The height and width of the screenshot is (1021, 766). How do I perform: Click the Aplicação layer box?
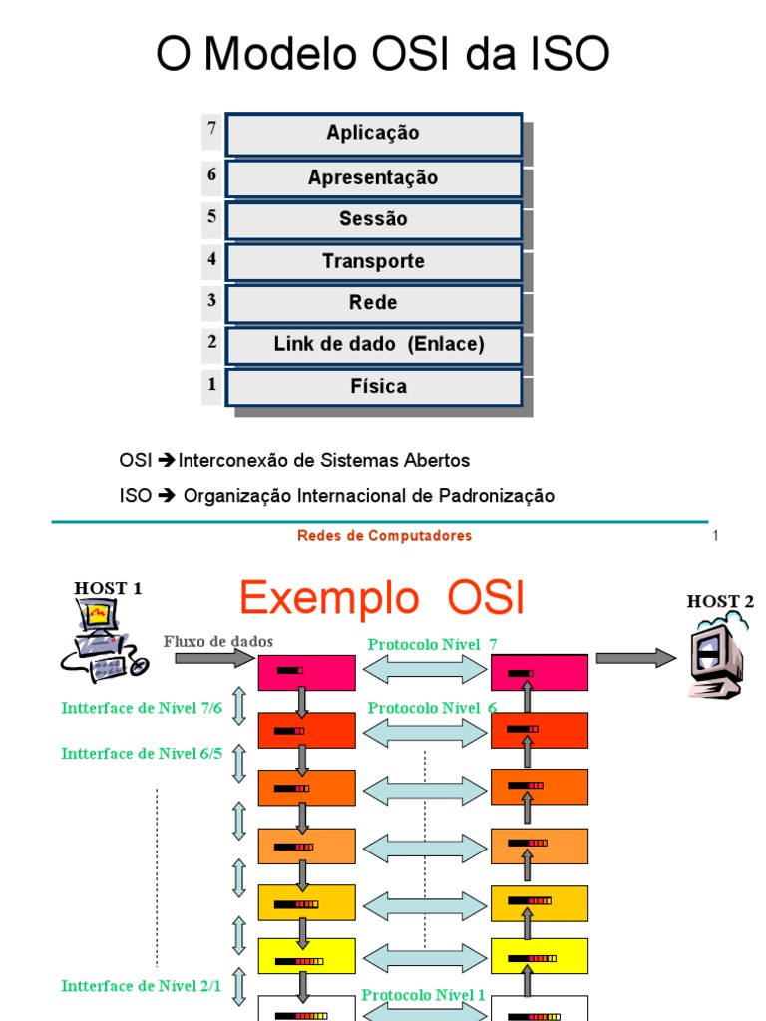pos(374,134)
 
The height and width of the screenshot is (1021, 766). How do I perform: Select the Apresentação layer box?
pos(374,178)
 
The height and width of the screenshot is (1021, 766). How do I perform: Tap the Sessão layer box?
pos(374,220)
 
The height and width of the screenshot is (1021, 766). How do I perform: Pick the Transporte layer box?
pos(374,262)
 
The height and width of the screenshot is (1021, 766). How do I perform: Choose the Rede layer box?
pos(374,303)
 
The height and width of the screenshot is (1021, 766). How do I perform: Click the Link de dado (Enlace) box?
pos(374,345)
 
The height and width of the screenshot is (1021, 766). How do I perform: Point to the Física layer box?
pos(374,387)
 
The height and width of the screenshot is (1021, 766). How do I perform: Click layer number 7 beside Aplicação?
pos(211,130)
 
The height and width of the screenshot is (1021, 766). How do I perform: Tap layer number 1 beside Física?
pos(211,383)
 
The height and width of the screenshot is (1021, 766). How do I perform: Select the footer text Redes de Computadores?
pos(384,536)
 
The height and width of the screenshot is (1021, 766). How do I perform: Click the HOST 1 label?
pos(108,588)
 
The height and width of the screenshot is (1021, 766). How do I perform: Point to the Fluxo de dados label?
pos(217,641)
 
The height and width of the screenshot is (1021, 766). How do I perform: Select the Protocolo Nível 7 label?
pos(432,645)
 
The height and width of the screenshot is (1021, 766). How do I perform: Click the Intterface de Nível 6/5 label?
pos(142,754)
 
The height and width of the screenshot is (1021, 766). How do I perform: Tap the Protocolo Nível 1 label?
pos(424,995)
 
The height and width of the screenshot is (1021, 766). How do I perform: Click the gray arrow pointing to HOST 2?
pos(635,658)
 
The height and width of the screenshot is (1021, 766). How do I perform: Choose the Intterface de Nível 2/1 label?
pos(142,986)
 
